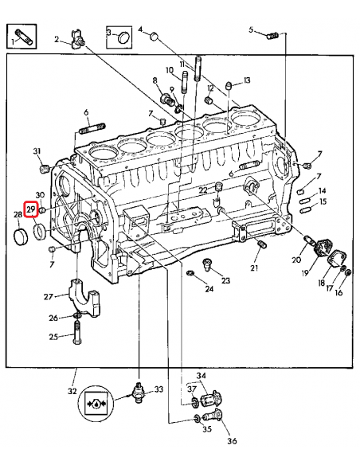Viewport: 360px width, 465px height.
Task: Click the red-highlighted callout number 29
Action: point(31,209)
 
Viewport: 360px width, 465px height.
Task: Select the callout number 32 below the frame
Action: point(72,391)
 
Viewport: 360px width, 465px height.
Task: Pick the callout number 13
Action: point(247,80)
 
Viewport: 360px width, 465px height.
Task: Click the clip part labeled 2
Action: point(78,41)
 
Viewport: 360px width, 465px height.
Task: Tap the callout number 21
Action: point(255,268)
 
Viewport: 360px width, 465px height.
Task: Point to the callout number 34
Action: point(202,376)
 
